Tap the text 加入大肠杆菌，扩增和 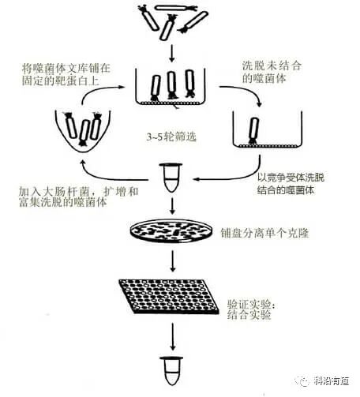click(x=78, y=192)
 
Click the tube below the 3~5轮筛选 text click(x=171, y=175)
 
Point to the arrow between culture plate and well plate click(x=172, y=260)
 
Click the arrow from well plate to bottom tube click(x=172, y=334)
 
